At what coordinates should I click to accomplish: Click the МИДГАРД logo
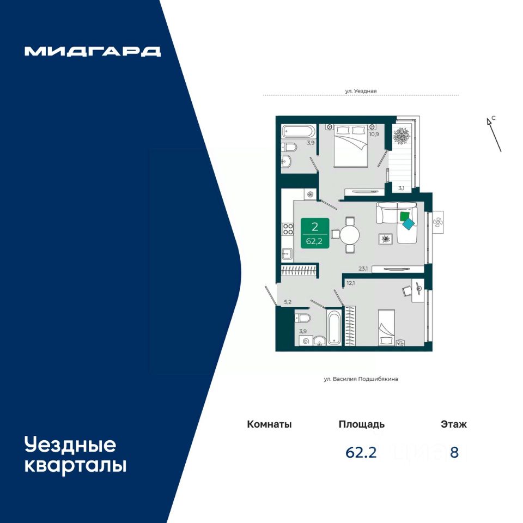click(x=93, y=51)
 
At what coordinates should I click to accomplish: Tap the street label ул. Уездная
click(x=361, y=91)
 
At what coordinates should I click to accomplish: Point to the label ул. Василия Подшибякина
click(x=361, y=379)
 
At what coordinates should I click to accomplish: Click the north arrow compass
click(x=494, y=134)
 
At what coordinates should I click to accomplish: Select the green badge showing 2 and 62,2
click(x=315, y=233)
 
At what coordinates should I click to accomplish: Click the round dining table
click(x=350, y=235)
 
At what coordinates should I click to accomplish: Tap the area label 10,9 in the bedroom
click(x=374, y=134)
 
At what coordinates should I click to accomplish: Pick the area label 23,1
click(x=363, y=268)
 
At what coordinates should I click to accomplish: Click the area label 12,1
click(x=350, y=283)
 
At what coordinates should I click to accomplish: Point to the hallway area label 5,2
click(x=288, y=302)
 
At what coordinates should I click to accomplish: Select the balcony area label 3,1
click(x=402, y=188)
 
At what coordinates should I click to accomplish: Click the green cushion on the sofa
click(x=405, y=216)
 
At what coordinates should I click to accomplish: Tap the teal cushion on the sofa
click(x=408, y=223)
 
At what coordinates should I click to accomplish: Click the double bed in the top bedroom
click(x=351, y=145)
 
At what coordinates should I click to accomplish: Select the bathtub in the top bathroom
click(x=299, y=131)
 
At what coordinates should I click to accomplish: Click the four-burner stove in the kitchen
click(x=288, y=229)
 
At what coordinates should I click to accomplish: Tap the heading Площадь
click(x=362, y=424)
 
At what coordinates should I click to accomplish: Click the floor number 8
click(x=454, y=453)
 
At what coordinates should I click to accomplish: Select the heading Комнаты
click(x=269, y=424)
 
